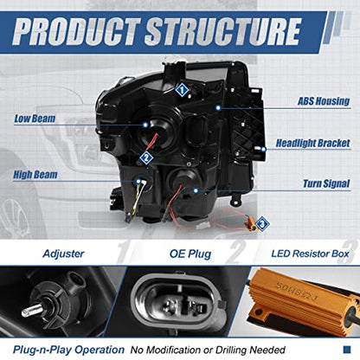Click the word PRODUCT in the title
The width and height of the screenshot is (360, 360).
point(76,31)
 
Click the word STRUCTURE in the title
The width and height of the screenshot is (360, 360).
point(223,31)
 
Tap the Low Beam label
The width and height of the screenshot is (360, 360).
point(35,119)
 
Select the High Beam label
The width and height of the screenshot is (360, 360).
point(35,175)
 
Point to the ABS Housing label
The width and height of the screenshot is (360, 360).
point(324,101)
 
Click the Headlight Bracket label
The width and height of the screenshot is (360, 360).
point(313,143)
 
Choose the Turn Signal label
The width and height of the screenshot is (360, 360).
point(326,183)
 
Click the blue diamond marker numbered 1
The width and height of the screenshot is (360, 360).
point(182,90)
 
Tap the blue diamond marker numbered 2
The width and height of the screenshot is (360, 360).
point(146,157)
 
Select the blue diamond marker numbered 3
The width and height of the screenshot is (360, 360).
point(262,223)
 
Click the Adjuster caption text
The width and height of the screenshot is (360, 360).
point(63,254)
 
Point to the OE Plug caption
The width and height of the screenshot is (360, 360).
point(190,254)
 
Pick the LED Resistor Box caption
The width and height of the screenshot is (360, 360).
point(310,254)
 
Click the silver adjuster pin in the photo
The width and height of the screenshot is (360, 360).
point(32,311)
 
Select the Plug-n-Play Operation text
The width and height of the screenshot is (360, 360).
point(68,350)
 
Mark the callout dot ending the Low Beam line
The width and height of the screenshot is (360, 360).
point(145,125)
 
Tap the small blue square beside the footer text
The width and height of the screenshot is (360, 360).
point(347,350)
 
